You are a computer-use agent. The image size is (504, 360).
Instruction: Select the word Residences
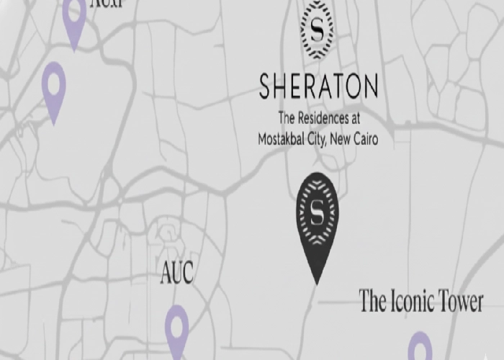(x=328, y=117)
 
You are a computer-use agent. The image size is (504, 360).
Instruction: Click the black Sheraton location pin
(x=317, y=216)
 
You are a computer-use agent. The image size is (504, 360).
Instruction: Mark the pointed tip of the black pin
(x=315, y=283)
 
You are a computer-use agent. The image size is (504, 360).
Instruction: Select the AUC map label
(x=176, y=274)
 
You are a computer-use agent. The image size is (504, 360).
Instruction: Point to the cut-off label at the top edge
(x=103, y=4)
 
